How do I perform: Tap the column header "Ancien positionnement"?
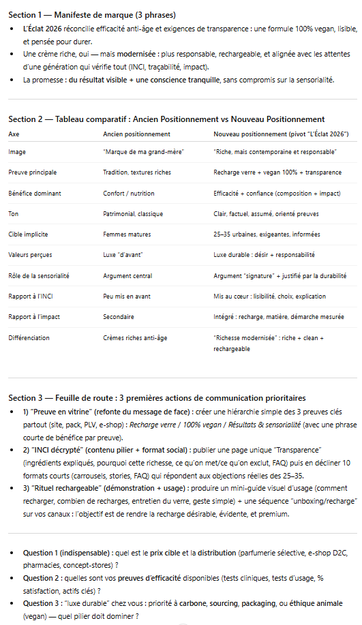tap(136, 134)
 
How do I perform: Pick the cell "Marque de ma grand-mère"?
tap(134, 152)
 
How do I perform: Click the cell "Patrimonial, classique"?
tap(133, 213)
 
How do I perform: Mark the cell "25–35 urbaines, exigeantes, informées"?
tap(265, 234)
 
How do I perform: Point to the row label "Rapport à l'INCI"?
tap(31, 296)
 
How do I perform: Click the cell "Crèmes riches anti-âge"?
tap(134, 337)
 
